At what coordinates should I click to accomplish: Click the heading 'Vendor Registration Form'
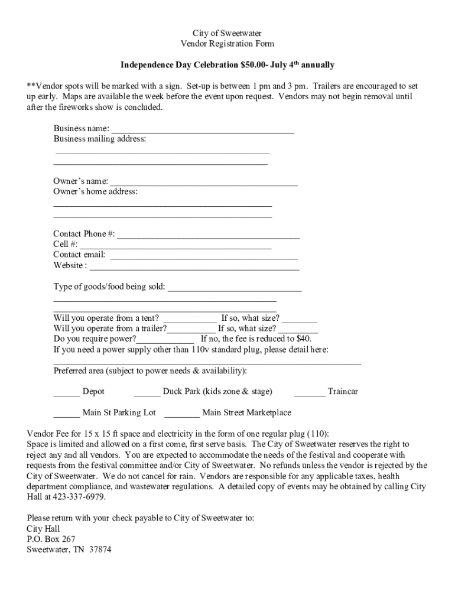[227, 44]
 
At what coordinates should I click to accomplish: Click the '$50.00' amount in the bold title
[252, 64]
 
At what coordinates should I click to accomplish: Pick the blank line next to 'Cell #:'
[175, 245]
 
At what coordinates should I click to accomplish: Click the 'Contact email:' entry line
[204, 255]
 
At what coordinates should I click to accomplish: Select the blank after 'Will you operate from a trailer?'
[191, 329]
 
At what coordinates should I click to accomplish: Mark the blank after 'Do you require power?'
[165, 339]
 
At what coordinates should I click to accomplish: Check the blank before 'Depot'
[67, 392]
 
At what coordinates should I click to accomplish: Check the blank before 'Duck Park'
[147, 392]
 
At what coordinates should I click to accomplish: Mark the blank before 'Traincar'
[310, 392]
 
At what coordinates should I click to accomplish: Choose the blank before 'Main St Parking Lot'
[67, 413]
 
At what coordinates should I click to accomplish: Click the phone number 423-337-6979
[72, 497]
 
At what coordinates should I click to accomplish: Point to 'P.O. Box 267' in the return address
[51, 539]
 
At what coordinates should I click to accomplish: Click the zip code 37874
[100, 549]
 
